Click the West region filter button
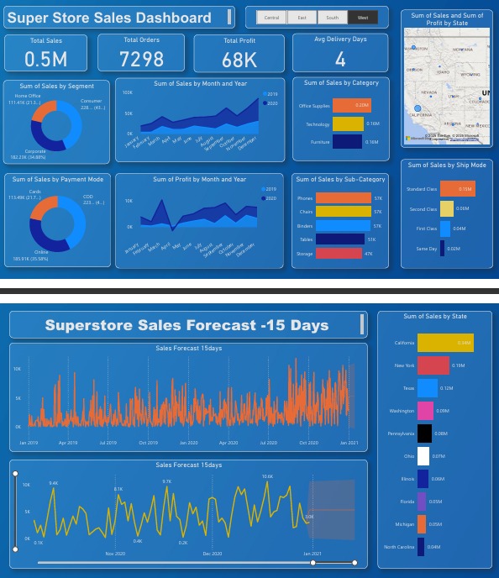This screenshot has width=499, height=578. click(362, 17)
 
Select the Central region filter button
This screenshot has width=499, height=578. click(271, 17)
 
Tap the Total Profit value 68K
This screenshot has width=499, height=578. click(240, 60)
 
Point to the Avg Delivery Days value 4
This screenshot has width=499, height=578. click(340, 59)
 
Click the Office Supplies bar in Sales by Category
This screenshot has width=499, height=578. click(351, 106)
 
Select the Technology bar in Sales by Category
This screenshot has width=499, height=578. click(348, 123)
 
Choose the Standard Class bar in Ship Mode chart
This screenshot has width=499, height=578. click(457, 189)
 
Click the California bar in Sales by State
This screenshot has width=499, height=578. click(445, 343)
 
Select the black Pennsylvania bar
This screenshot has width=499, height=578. click(424, 433)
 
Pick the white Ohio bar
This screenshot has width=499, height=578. click(423, 455)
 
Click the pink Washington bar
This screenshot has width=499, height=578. click(425, 410)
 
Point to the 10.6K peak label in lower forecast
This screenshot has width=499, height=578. click(267, 476)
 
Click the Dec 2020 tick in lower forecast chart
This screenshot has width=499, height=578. click(213, 554)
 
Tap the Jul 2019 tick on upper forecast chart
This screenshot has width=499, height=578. click(108, 443)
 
